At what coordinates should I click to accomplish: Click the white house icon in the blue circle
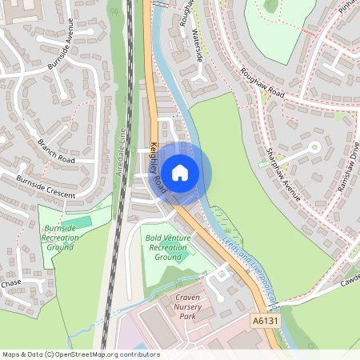(180, 172)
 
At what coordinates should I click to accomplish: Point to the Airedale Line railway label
(122, 157)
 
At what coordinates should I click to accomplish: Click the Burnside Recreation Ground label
(58, 237)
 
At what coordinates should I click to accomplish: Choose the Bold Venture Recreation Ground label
(167, 247)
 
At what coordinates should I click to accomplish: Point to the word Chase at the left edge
(10, 283)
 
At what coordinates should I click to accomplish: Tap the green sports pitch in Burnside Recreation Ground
(75, 220)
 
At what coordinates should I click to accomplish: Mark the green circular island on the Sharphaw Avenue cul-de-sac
(314, 147)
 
